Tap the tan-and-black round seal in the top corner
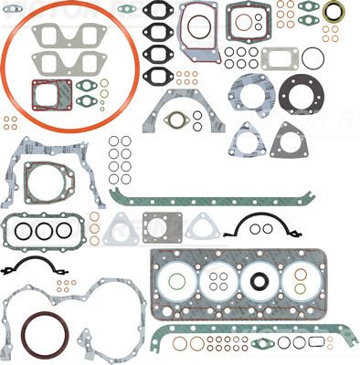click(334, 11)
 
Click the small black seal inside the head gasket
click(262, 281)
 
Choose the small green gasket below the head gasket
click(265, 343)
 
